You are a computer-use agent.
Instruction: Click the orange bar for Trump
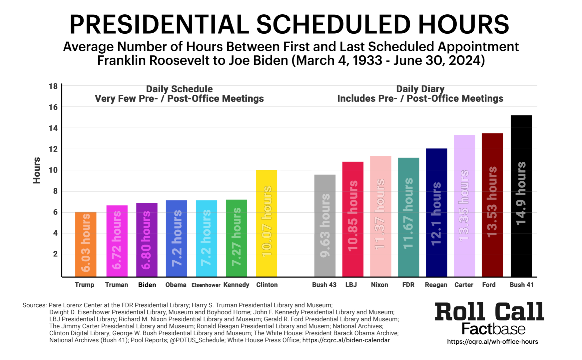coord(86,244)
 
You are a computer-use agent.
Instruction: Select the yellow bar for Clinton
coord(266,223)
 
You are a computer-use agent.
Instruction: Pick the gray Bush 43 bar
coord(325,226)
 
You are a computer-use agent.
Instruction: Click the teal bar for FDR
coord(408,217)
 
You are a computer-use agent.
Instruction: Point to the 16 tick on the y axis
coord(53,107)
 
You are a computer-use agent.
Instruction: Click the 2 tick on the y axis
coord(55,254)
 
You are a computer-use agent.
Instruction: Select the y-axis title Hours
coord(37,170)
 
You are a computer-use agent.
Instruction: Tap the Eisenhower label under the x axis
coord(206,285)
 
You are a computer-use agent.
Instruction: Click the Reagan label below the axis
coord(436,285)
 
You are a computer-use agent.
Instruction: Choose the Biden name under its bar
coord(147,285)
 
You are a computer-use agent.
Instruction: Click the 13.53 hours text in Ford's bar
coord(492,202)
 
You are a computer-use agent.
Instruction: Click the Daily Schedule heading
coord(179,89)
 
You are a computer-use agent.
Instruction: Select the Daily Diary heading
coord(420,89)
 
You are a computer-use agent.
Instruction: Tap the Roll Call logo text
coord(489,312)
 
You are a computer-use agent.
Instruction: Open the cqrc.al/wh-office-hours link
coord(492,342)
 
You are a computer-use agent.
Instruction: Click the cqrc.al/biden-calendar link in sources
coord(346,340)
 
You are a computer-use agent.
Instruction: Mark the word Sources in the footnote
coord(34,305)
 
